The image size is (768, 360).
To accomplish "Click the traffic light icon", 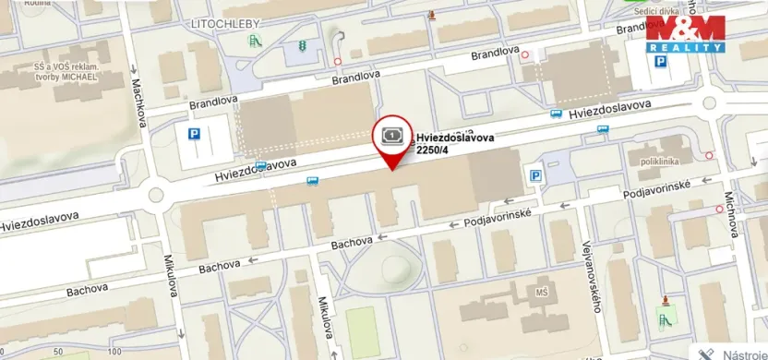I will [302, 45].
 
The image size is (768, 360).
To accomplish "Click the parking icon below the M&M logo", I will [660, 61].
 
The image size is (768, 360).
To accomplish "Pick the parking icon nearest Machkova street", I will [195, 134].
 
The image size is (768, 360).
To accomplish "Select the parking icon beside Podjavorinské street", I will [535, 174].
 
